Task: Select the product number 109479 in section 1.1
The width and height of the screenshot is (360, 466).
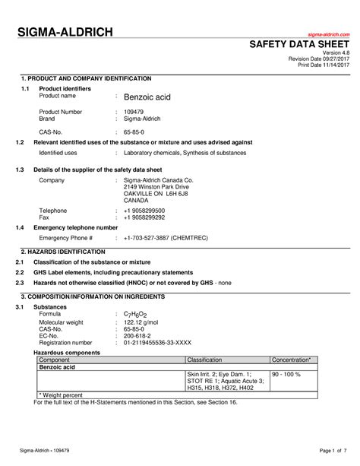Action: point(134,113)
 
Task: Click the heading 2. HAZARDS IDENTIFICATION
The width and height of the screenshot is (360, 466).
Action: point(64,252)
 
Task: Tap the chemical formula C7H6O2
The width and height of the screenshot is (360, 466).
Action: point(137,314)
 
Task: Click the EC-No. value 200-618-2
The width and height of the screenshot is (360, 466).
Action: point(137,336)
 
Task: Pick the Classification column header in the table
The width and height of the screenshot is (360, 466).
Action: point(204,358)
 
